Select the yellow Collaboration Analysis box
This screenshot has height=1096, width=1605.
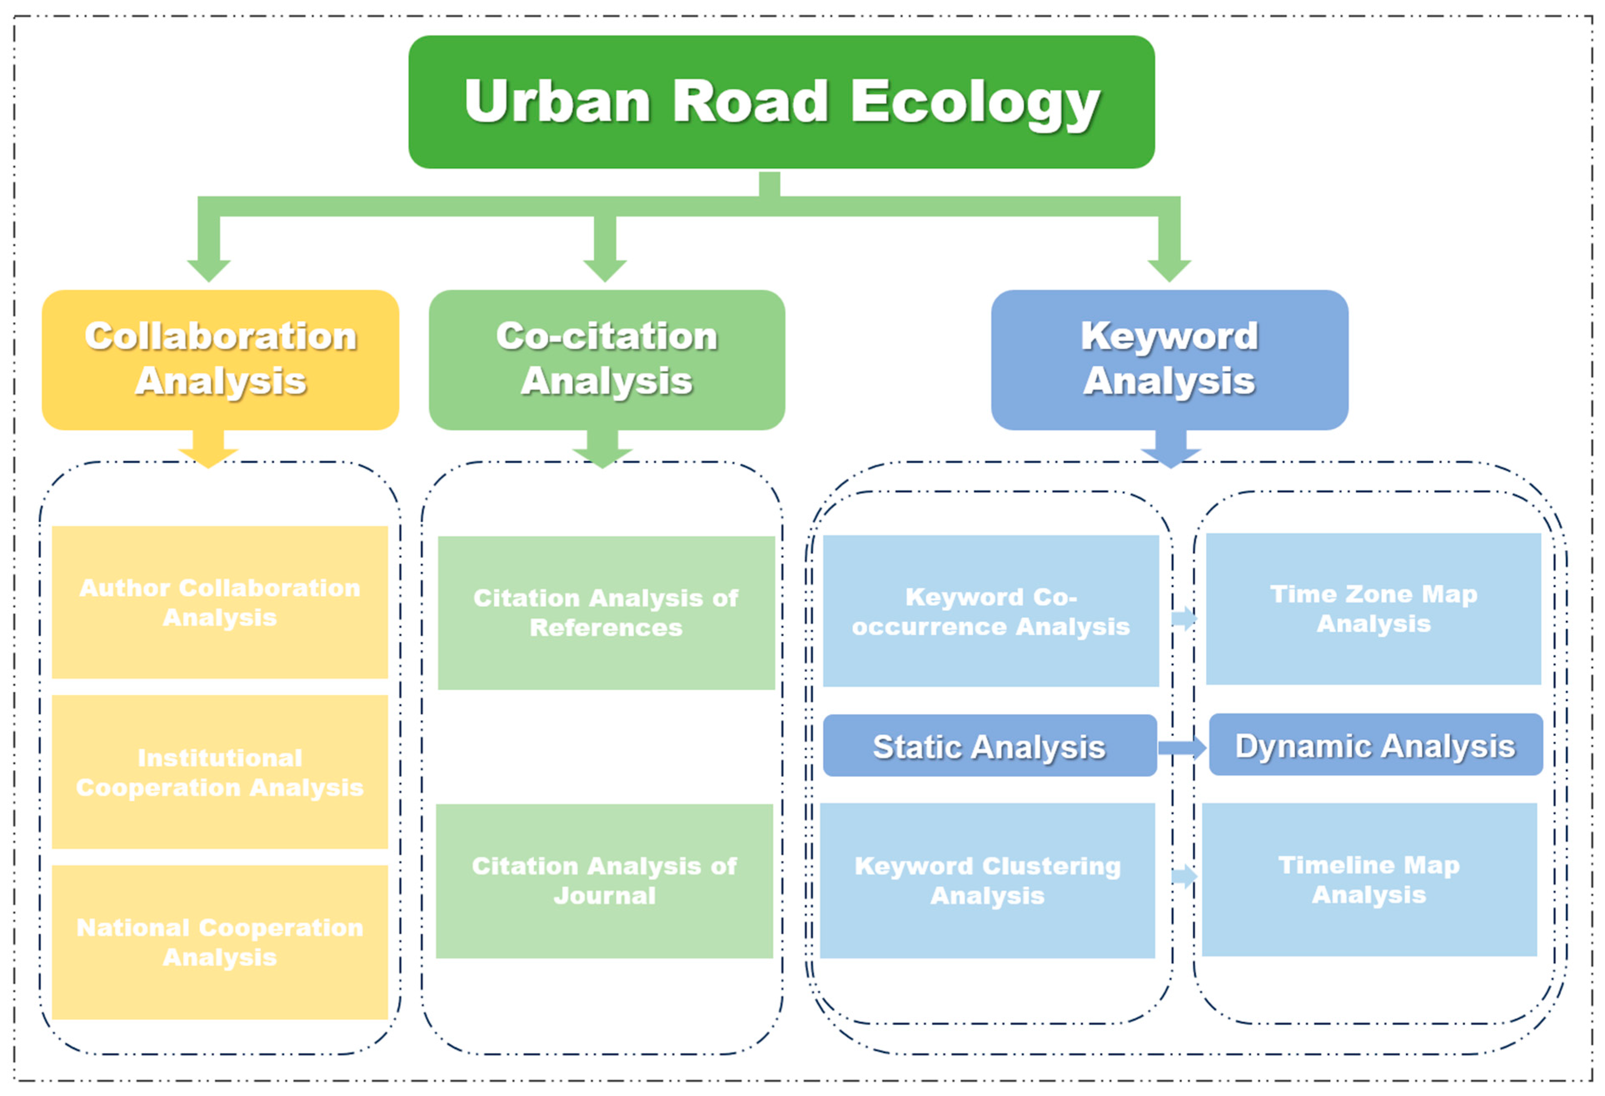click(220, 360)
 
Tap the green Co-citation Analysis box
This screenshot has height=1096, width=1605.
click(606, 360)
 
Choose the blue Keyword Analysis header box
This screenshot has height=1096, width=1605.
click(1169, 360)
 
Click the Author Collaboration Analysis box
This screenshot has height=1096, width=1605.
click(219, 602)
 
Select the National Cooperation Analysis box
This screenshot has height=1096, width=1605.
click(219, 942)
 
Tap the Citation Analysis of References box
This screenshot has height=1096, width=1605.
click(606, 613)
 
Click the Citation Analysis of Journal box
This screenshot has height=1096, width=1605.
click(604, 880)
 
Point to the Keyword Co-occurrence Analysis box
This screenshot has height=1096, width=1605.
click(990, 611)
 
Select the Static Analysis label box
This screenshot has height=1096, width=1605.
click(990, 746)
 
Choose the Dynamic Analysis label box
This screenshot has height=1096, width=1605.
click(1375, 745)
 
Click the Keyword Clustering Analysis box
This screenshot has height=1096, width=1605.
click(988, 880)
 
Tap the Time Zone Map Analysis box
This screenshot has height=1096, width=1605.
click(1373, 609)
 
